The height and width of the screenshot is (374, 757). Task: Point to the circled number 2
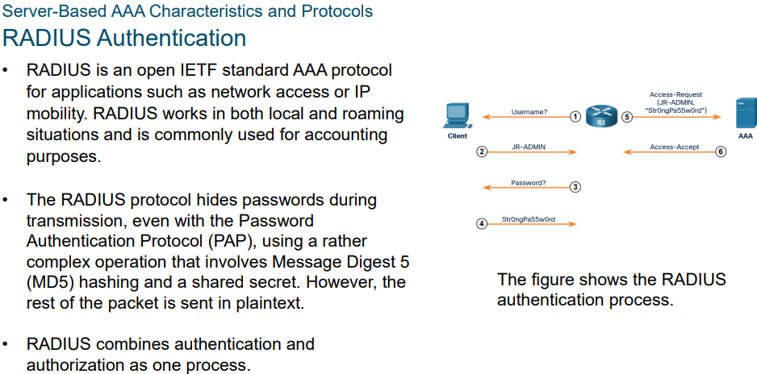pyautogui.click(x=482, y=152)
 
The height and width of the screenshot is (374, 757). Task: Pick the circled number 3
pyautogui.click(x=575, y=187)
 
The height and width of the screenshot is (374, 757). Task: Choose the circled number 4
pyautogui.click(x=482, y=223)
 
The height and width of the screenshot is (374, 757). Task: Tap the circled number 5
pyautogui.click(x=627, y=116)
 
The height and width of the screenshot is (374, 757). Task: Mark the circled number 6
pyautogui.click(x=721, y=152)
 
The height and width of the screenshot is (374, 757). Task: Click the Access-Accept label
pyautogui.click(x=674, y=148)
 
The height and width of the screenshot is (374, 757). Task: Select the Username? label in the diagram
pyautogui.click(x=529, y=112)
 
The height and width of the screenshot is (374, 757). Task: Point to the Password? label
pyautogui.click(x=529, y=183)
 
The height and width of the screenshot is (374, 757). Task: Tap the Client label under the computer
pyautogui.click(x=457, y=136)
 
